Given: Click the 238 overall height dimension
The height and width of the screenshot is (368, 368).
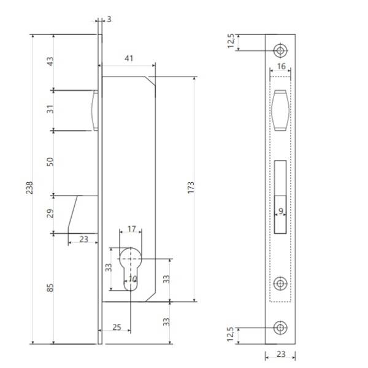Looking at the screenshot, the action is [29, 188].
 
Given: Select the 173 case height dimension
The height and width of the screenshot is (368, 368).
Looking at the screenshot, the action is [191, 188].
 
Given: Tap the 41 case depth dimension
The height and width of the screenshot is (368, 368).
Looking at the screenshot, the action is [129, 58].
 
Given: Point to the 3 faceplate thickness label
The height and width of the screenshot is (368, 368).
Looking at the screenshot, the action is [109, 19].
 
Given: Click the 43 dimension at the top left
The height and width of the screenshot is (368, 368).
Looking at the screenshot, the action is [50, 61].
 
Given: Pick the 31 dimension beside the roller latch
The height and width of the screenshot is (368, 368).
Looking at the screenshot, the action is [50, 109].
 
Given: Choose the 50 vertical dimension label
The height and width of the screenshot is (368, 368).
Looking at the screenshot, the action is [50, 162].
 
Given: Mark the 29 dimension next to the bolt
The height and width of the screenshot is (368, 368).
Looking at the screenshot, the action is [50, 213].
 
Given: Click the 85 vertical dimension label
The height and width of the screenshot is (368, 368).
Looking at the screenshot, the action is [50, 288].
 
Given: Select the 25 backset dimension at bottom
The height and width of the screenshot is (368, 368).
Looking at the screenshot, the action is [117, 327].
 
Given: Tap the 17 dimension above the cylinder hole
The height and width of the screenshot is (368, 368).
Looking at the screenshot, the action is [132, 229].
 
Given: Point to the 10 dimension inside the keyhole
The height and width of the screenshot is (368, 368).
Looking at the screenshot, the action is [132, 279].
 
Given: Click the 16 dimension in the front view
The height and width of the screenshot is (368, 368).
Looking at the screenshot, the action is [281, 66].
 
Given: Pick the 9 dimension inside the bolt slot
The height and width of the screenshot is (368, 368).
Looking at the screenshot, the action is [281, 211].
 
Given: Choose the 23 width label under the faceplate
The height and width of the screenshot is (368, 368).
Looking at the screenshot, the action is [281, 354].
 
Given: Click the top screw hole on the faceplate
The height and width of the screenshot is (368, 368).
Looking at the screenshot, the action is [280, 50].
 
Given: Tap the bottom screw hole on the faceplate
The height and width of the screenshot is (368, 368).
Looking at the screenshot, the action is [280, 328].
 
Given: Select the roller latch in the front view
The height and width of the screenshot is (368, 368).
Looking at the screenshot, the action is [280, 110].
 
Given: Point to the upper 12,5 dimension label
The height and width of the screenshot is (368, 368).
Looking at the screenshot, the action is [231, 41].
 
